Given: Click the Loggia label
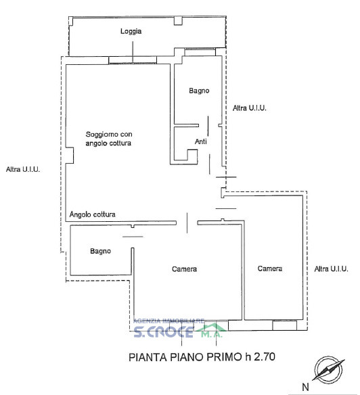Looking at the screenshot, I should click(x=131, y=32).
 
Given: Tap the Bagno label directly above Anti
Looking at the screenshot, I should click(x=199, y=91).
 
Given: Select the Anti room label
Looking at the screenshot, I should click(x=201, y=142).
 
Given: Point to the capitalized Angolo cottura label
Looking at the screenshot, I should click(x=92, y=215).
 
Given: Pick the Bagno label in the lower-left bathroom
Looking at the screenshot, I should click(x=101, y=252).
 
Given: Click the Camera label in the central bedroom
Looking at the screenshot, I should click(x=185, y=269).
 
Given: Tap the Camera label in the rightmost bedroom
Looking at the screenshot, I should click(x=270, y=269).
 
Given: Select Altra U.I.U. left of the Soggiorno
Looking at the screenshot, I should click(x=22, y=170).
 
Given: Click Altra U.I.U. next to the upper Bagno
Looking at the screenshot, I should click(x=250, y=108).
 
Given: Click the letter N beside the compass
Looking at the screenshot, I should click(x=305, y=388).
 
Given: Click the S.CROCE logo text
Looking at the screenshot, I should click(x=163, y=331).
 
